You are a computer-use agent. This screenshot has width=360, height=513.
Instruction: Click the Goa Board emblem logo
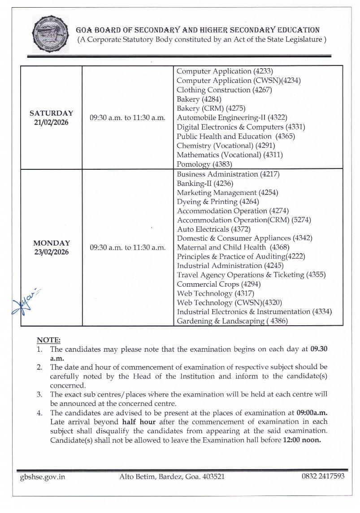(x=51, y=34)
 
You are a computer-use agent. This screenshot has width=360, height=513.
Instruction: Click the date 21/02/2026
(x=51, y=122)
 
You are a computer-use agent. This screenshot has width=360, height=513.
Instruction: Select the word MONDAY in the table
(x=51, y=243)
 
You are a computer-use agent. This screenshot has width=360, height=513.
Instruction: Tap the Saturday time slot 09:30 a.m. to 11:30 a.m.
(x=127, y=118)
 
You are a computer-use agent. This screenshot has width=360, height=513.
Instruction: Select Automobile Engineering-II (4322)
(x=232, y=118)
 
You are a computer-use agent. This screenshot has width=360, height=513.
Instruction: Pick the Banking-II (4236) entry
(x=205, y=183)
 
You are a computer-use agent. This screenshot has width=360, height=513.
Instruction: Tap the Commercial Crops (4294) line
(x=219, y=285)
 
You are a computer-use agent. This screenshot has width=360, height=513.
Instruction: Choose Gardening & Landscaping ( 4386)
(x=232, y=321)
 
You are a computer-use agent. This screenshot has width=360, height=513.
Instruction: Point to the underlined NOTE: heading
(x=48, y=341)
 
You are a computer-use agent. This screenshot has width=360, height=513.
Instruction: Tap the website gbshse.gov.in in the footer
(x=43, y=477)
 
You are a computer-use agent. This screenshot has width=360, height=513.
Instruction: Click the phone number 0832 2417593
(x=323, y=476)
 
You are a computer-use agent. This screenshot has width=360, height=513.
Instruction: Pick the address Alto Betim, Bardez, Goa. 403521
(x=172, y=477)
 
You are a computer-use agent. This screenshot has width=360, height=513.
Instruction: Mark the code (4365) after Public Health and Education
(x=285, y=136)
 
